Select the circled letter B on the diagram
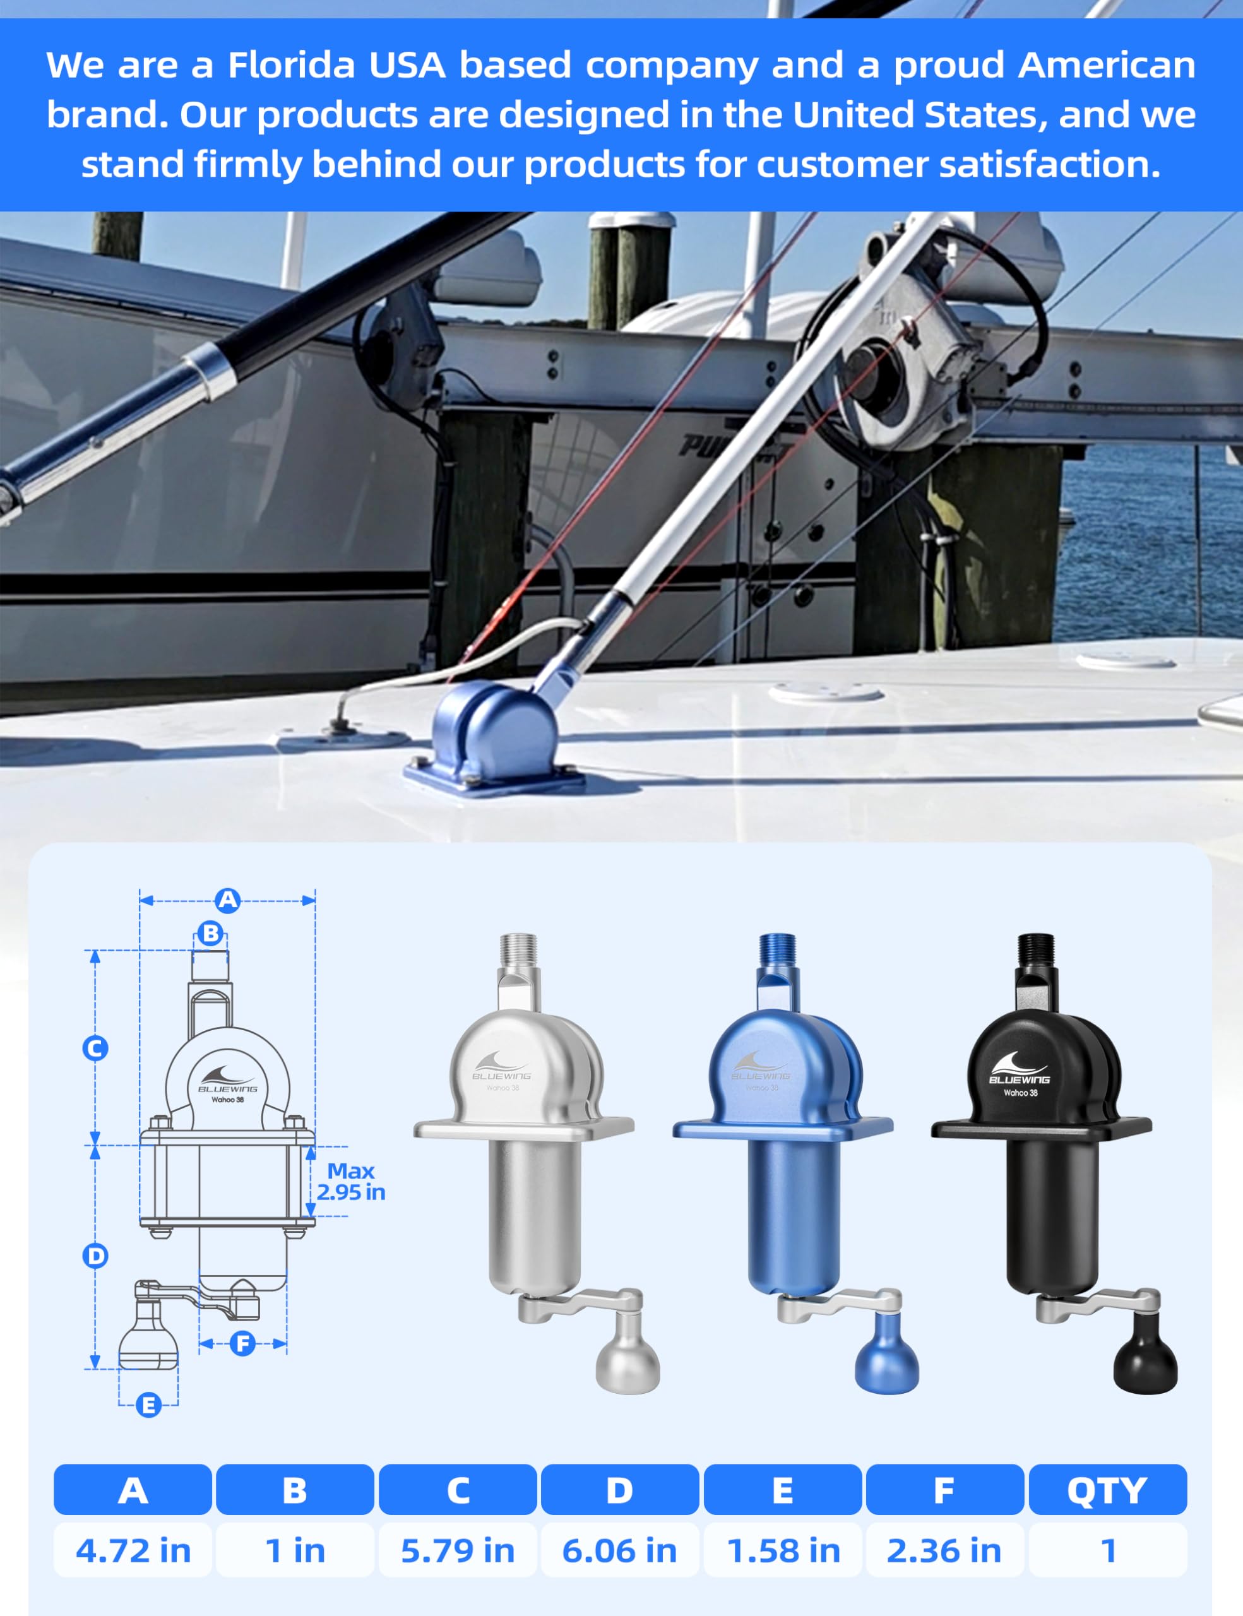pos(211,933)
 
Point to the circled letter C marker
pos(95,1048)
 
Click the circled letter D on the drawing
pos(95,1256)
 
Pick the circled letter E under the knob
pos(149,1405)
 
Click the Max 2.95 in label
pos(351,1182)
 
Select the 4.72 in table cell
pos(133,1550)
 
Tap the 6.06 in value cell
pos(619,1550)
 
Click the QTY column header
pos(1107,1490)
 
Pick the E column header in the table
pos(782,1490)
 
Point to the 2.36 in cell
pos(944,1550)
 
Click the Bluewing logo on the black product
pos(1019,1070)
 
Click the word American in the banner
pos(1107,65)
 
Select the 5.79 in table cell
pos(457,1550)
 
